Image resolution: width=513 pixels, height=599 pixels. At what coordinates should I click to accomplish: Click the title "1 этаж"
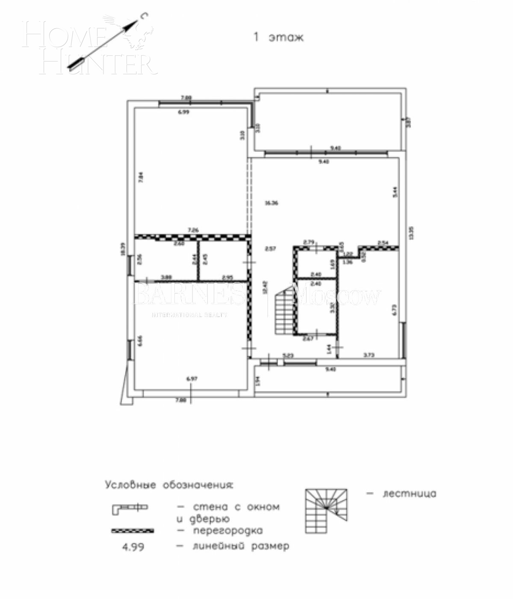coord(279,37)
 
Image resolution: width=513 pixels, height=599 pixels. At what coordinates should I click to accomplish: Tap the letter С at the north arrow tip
coord(145,17)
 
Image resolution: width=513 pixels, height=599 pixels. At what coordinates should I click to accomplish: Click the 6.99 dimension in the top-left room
coord(183,112)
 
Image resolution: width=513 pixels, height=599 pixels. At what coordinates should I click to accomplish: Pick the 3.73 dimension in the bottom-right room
coord(369,355)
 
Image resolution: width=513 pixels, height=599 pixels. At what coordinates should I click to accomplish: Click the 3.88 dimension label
coord(166,277)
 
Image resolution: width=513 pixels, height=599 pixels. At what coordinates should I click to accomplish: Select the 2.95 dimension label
coord(227,277)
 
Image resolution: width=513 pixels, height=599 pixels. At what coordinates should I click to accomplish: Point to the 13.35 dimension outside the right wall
coord(411,233)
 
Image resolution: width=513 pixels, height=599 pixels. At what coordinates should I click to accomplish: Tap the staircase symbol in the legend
coord(326,510)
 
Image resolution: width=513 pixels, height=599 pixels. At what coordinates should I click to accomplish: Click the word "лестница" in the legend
coord(409,494)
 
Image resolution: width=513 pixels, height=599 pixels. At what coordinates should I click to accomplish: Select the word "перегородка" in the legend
coord(227,531)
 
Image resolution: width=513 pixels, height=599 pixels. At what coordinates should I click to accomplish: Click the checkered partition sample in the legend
coord(132,531)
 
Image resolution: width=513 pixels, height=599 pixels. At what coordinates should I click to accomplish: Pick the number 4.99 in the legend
coord(133,547)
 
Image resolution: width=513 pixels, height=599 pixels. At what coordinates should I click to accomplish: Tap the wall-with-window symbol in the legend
coord(130,508)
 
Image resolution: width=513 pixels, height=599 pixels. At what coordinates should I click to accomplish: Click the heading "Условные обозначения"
coord(169,485)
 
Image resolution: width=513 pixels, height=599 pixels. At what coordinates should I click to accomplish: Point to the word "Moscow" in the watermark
coord(338,297)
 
